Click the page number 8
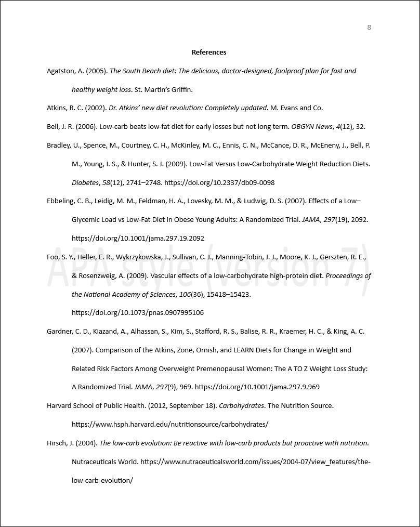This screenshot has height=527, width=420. coord(369,28)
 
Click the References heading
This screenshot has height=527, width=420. coord(209,52)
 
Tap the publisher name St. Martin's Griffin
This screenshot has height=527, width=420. coord(163,89)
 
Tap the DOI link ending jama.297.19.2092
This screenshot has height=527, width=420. coord(138,238)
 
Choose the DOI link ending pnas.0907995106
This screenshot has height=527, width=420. coord(138,313)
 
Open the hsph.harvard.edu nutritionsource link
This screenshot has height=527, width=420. coord(170,424)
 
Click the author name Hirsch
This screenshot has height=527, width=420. coord(57,443)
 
